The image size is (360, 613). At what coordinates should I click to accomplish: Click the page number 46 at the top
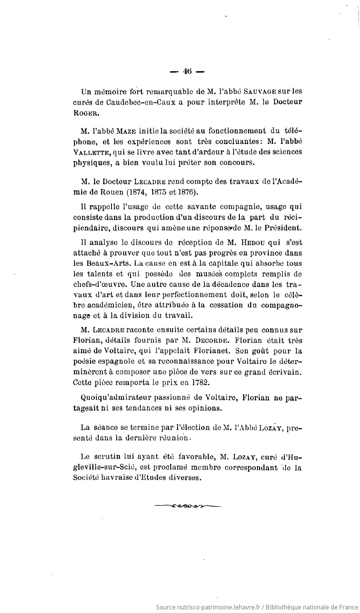(x=187, y=71)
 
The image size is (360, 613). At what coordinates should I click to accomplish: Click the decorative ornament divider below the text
(x=187, y=506)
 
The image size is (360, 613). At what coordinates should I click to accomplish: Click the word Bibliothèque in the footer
(x=285, y=607)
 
